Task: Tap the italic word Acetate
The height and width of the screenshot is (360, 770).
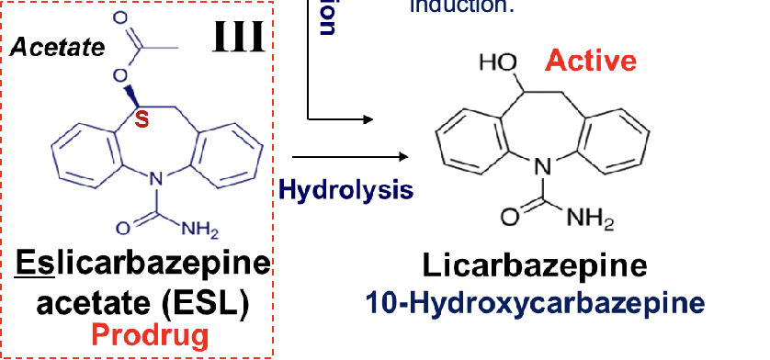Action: (x=57, y=47)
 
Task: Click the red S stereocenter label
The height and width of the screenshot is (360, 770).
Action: (x=142, y=119)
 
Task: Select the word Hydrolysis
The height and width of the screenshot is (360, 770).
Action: (x=345, y=190)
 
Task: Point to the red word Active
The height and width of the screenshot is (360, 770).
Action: (x=590, y=62)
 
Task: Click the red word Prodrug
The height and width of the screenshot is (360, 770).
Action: (x=149, y=335)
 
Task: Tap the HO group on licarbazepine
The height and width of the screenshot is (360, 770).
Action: (x=497, y=62)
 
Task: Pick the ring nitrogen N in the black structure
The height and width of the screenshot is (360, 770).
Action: (x=543, y=166)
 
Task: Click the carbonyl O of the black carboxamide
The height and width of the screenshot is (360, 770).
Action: (x=508, y=219)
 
